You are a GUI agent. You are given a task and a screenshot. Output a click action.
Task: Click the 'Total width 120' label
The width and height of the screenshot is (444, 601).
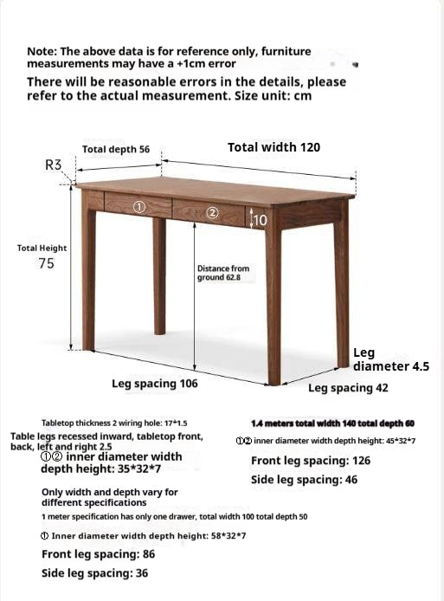(x=273, y=147)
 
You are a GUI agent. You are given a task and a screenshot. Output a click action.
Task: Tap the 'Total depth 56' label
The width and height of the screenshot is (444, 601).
(x=116, y=150)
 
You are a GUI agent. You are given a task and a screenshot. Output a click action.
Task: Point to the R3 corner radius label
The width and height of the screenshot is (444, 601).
(x=54, y=165)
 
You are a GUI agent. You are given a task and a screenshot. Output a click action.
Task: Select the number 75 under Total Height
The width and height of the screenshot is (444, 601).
(x=47, y=264)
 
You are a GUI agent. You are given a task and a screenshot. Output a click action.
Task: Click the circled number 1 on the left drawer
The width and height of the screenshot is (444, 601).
(x=138, y=207)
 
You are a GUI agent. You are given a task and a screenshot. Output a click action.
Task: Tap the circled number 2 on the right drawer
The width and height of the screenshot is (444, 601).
(x=213, y=212)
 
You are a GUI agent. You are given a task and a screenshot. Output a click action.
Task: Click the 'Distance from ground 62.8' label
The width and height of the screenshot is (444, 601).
(x=223, y=273)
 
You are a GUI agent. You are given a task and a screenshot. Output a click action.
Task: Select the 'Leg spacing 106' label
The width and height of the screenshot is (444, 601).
(x=155, y=383)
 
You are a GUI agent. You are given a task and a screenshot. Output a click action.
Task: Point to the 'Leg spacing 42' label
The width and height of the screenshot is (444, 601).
(x=348, y=388)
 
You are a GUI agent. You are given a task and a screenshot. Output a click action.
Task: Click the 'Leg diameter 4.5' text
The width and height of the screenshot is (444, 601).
(x=391, y=359)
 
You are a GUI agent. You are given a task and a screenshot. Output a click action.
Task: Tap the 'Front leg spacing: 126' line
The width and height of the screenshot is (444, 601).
(x=311, y=461)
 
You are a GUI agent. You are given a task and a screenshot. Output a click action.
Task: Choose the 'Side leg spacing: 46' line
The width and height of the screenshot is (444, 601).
(x=305, y=480)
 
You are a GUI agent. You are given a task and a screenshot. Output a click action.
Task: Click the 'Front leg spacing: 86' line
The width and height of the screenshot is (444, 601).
(x=99, y=554)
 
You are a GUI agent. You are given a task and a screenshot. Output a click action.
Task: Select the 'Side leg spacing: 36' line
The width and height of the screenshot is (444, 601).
(x=94, y=573)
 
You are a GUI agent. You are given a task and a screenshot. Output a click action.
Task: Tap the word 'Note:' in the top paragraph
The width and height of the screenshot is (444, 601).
(x=42, y=52)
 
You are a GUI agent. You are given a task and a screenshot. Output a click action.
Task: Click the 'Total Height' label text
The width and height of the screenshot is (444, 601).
(x=42, y=249)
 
